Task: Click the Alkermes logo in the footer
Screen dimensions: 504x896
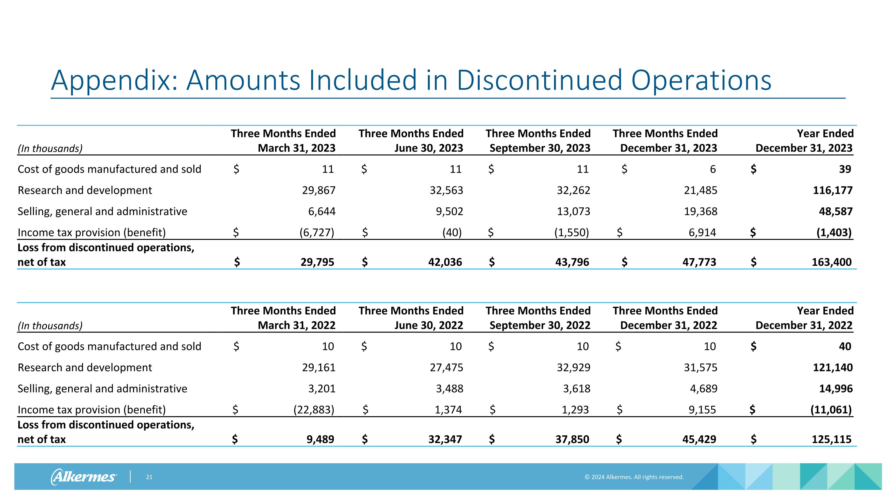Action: pos(84,477)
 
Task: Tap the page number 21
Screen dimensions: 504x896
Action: pos(149,477)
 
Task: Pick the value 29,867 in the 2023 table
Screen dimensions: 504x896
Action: pos(319,190)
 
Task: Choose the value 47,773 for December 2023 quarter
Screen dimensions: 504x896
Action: pos(699,262)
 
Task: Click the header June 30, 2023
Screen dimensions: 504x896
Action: pos(429,148)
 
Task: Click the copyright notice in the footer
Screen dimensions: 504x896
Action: pos(634,477)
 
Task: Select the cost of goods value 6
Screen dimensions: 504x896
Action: pos(713,169)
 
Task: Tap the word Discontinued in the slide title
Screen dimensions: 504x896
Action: pos(539,81)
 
